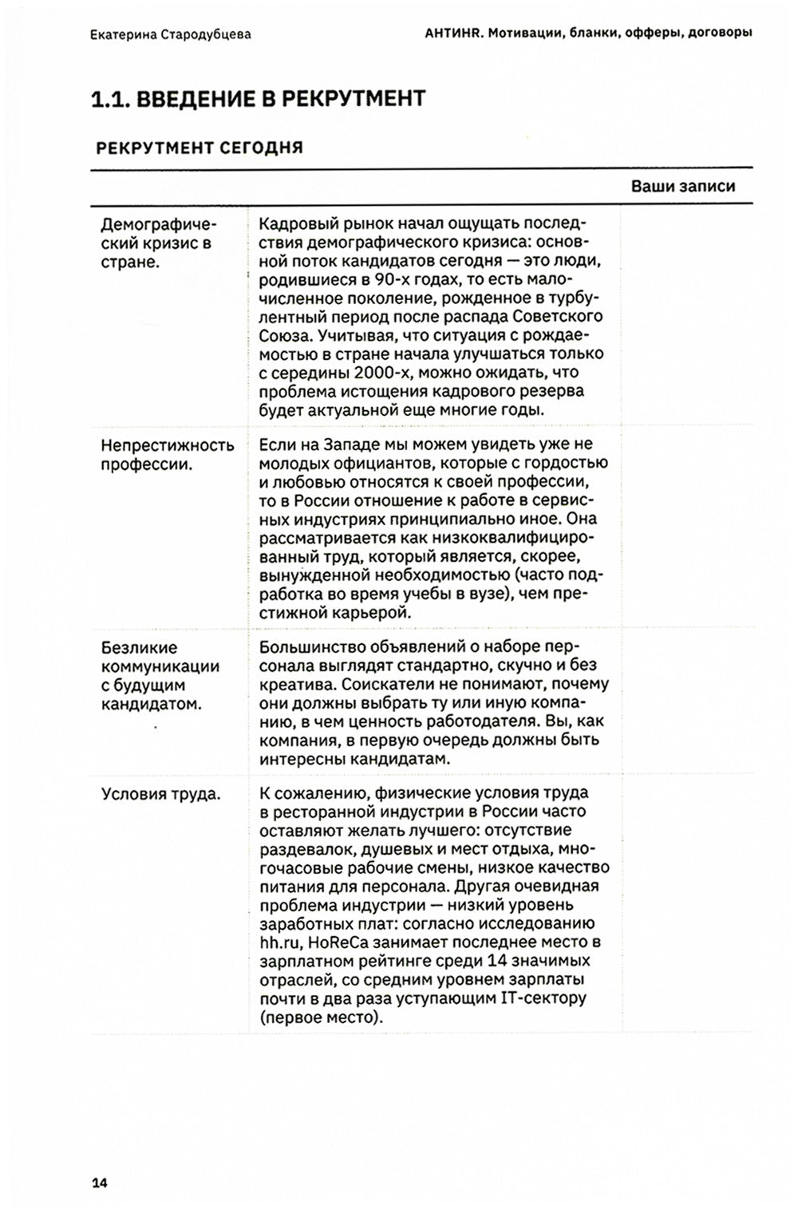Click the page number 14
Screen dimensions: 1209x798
(99, 1183)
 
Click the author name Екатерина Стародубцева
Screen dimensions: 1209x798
(170, 34)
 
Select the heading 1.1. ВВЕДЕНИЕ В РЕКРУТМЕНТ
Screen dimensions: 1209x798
(259, 99)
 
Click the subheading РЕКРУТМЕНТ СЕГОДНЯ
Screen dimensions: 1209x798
(199, 148)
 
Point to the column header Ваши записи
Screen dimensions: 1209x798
(682, 186)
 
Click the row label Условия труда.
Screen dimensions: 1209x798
(160, 794)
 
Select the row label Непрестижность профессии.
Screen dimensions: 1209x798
(167, 455)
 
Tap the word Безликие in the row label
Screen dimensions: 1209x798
(139, 647)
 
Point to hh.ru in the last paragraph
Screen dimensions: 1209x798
(278, 942)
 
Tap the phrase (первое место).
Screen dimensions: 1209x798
(321, 1018)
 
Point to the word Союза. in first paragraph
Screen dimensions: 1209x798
(283, 335)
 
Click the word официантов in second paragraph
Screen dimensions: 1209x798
(369, 464)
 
